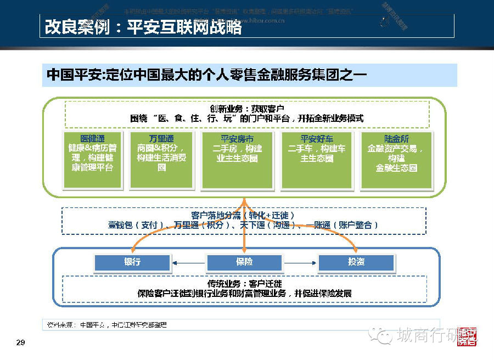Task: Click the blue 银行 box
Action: point(132,262)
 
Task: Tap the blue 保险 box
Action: point(244,262)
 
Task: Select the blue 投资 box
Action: point(356,262)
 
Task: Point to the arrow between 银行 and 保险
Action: point(188,263)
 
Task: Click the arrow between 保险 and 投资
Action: point(300,263)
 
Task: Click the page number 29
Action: point(20,343)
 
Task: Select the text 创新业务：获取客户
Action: point(246,109)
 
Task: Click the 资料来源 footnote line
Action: point(104,324)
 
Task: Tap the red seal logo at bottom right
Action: point(468,336)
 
